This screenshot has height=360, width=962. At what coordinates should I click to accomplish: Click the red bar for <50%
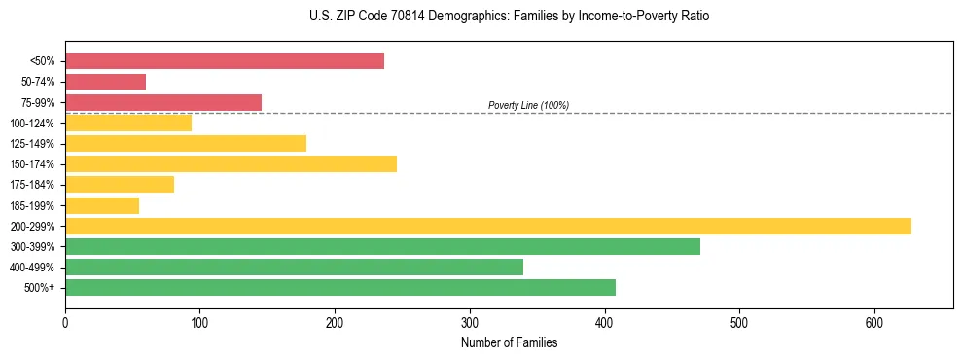pos(225,60)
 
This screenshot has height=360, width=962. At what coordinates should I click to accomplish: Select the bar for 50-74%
pos(105,82)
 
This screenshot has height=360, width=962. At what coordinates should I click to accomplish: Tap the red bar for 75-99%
pos(163,102)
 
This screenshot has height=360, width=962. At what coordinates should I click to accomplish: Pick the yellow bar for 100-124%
pos(128,123)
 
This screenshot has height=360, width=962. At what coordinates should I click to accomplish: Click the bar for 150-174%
pos(231,163)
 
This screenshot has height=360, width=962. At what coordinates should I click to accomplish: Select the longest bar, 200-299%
pos(488,226)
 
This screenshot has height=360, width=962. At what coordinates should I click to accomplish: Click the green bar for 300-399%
pos(382,246)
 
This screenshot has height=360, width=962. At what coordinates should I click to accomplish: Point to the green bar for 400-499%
pos(294,267)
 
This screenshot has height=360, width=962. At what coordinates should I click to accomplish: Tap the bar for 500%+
pos(340,287)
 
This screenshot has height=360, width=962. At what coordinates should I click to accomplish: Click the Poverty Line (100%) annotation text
pos(528,105)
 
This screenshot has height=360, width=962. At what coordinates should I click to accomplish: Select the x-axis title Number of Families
pos(509,342)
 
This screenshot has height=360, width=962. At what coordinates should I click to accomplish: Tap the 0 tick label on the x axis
pos(65,323)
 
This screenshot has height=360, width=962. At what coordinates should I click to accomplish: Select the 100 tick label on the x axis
pos(199,323)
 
